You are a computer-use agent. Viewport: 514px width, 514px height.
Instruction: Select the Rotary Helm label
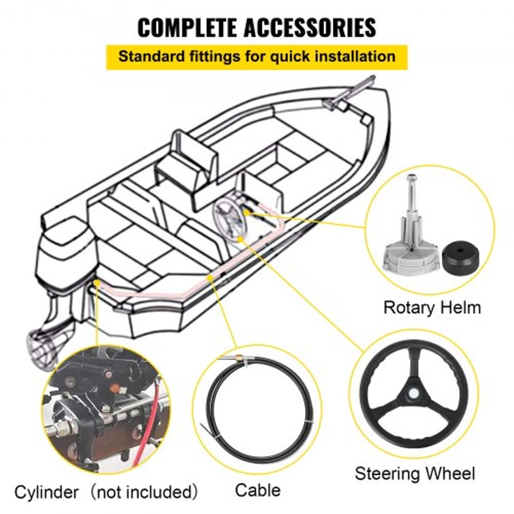pyautogui.click(x=432, y=307)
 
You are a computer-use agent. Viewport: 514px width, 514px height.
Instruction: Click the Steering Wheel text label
pyautogui.click(x=415, y=474)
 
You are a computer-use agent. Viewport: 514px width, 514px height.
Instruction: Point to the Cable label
pyautogui.click(x=258, y=491)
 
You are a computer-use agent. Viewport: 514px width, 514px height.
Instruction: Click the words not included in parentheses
pyautogui.click(x=142, y=493)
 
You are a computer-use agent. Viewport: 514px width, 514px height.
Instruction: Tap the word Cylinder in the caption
pyautogui.click(x=49, y=493)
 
